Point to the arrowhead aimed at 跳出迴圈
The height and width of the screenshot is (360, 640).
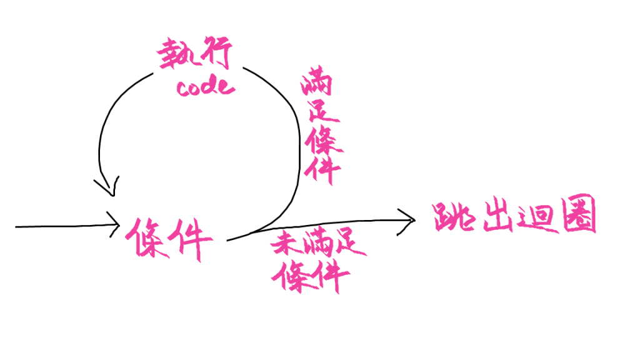click(x=408, y=220)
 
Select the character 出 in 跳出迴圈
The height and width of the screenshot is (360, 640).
click(x=494, y=217)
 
